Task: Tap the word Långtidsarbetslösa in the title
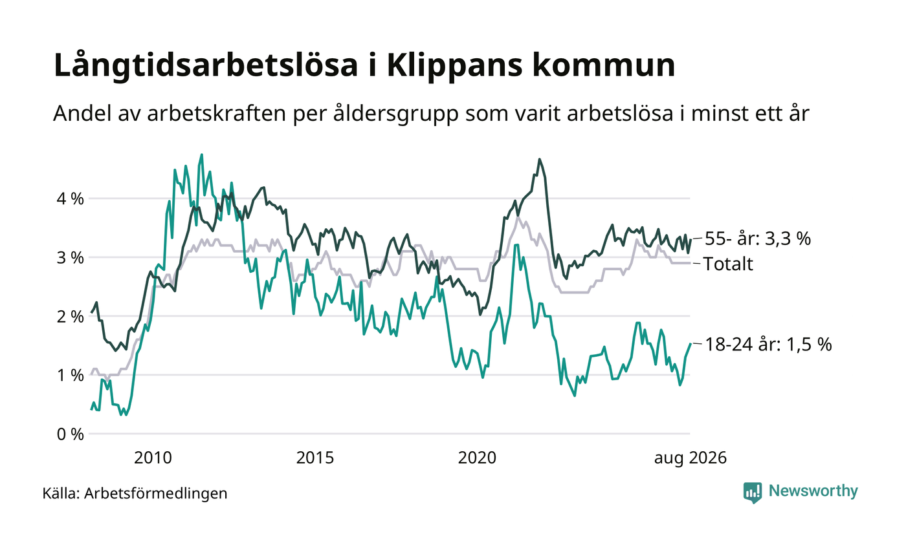206,65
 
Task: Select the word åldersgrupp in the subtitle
396,114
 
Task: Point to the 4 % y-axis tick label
70,199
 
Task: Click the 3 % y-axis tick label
70,257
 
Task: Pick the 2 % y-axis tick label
70,316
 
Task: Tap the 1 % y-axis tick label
70,376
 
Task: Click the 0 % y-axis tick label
70,434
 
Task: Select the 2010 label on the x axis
153,458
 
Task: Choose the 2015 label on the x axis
315,458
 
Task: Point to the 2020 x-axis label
477,458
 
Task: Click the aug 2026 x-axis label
690,458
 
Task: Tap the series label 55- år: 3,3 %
758,239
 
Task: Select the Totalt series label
729,264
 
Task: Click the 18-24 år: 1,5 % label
768,345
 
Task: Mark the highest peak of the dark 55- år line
539,159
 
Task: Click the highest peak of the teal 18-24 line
202,154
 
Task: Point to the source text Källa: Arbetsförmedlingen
135,493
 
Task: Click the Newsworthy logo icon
752,493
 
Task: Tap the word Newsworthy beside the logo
813,491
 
